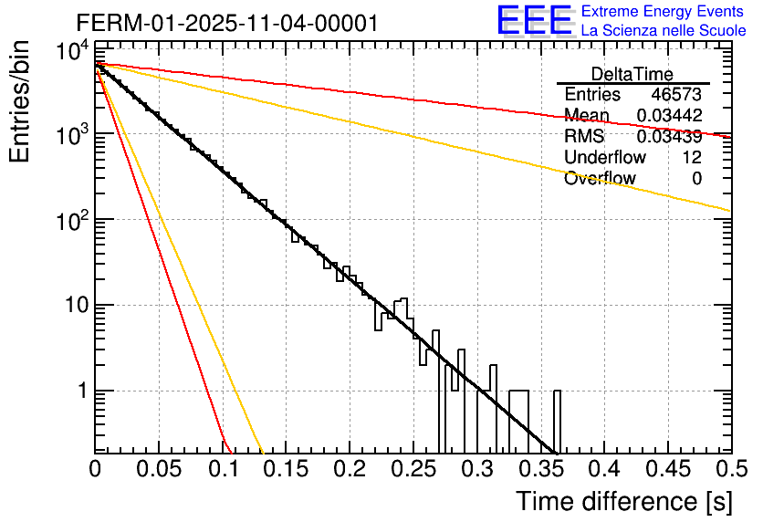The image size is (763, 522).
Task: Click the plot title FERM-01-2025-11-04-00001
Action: point(226,23)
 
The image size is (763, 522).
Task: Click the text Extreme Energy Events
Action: point(663,12)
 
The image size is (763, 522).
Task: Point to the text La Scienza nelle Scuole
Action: point(664,31)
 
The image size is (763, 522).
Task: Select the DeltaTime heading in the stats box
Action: point(632,74)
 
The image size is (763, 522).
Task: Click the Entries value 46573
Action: point(676,95)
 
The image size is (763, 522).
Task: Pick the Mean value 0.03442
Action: point(669,116)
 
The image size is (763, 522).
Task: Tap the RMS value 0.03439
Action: point(669,137)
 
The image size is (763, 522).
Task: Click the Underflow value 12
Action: point(692,158)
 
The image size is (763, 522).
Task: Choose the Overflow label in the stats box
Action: point(600,179)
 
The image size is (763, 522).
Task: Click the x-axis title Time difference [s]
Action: point(622,501)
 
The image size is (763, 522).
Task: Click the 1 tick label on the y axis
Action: point(82,391)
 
